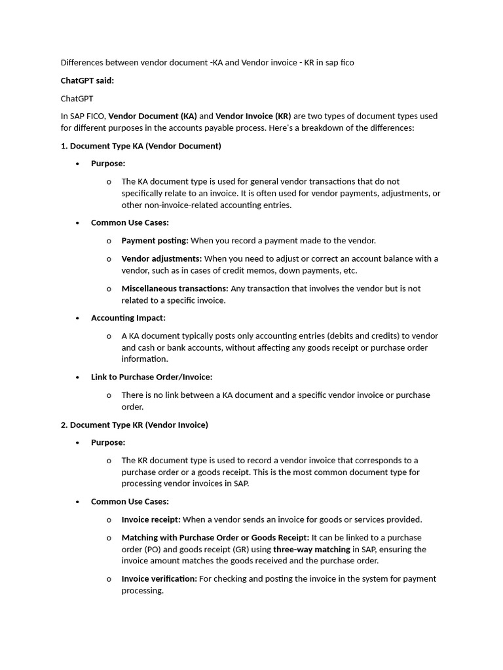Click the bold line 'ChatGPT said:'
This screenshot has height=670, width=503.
point(87,80)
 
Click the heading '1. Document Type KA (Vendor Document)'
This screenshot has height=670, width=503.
point(141,146)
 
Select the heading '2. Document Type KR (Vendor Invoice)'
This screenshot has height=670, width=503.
point(134,425)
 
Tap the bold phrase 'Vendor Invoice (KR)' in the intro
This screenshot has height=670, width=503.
point(253,116)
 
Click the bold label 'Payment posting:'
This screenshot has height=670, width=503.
point(155,240)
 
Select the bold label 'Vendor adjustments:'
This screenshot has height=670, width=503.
point(162,258)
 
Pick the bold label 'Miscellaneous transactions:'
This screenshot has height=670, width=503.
point(175,289)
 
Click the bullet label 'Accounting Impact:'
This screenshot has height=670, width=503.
point(128,318)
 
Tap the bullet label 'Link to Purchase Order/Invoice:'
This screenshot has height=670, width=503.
point(152,377)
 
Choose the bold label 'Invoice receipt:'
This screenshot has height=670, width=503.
point(151,520)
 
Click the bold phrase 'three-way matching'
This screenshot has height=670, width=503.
point(312,550)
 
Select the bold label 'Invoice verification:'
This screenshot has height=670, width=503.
point(159,578)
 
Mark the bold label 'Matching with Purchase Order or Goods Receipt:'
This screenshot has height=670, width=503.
point(215,538)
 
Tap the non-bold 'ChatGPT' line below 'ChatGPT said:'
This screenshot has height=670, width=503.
point(77,98)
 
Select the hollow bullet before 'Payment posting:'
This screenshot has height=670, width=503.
point(109,241)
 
